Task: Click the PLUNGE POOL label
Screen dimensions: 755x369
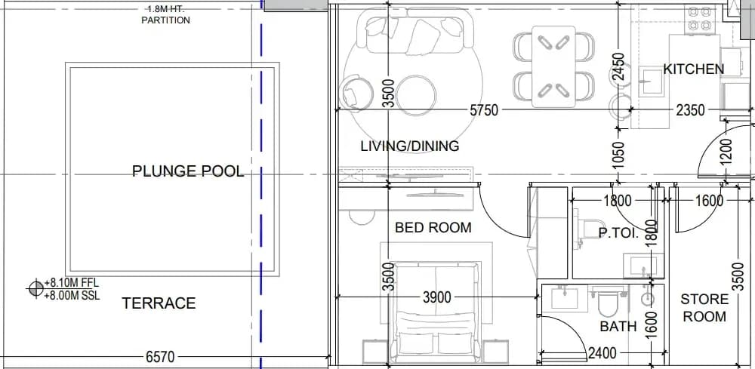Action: coord(188,171)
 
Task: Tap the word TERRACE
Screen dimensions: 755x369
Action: coord(159,303)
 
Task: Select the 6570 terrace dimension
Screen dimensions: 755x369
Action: coord(160,357)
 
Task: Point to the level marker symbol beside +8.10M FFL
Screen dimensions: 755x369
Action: coord(35,289)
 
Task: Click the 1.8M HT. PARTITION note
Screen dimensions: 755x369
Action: coord(165,15)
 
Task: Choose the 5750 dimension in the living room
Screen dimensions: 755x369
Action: coord(484,110)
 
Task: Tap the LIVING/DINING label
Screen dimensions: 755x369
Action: coord(410,146)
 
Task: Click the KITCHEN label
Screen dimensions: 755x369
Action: coord(693,69)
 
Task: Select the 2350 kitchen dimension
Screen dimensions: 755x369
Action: coord(691,110)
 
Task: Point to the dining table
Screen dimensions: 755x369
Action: coord(553,66)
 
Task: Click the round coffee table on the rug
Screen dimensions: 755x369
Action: coord(417,95)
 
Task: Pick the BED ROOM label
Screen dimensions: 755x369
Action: coord(433,228)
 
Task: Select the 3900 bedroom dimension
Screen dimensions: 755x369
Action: coord(437,298)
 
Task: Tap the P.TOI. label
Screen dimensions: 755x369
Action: coord(618,234)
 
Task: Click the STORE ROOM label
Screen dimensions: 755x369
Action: coord(704,308)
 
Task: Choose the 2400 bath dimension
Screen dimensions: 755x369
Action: coord(602,354)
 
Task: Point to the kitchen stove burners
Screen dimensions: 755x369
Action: coord(700,18)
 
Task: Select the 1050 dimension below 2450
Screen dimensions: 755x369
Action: coord(619,155)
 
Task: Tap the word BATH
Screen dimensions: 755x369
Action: coord(618,327)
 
